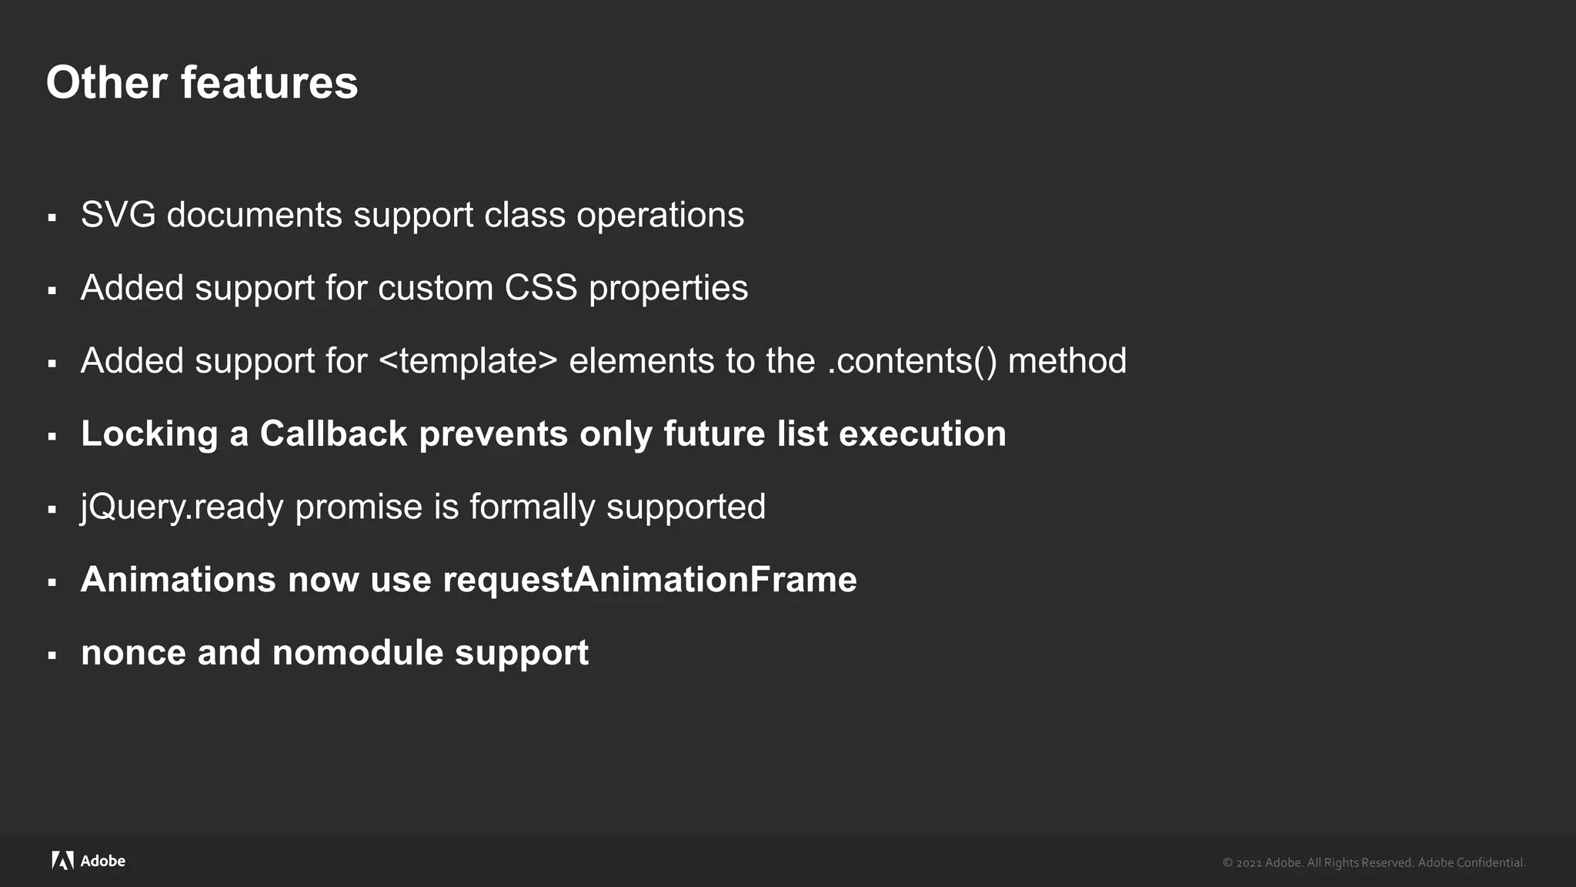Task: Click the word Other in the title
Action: tap(106, 82)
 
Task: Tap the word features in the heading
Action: tap(269, 82)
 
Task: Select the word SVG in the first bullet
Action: tap(118, 215)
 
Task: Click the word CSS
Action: tap(540, 288)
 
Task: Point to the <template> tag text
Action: tap(468, 361)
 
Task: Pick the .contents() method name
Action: tap(912, 361)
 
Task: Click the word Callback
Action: tap(333, 433)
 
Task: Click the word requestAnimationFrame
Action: tap(649, 580)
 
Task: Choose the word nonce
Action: tap(133, 653)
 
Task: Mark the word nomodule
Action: tap(358, 653)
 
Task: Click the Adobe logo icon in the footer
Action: tap(62, 861)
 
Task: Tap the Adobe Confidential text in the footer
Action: tap(1471, 862)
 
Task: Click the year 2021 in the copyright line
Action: tap(1248, 863)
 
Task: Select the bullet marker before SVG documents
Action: tap(52, 218)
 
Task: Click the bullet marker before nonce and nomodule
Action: tap(52, 656)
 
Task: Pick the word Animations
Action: tap(178, 580)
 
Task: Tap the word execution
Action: tap(922, 433)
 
